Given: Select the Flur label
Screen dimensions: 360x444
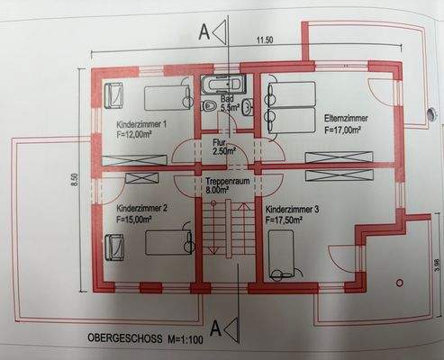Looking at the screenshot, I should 218,142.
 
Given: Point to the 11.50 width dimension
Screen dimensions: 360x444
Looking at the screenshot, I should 264,40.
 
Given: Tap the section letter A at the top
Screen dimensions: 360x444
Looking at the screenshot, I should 204,33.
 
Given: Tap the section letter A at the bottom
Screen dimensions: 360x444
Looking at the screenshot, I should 215,326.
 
